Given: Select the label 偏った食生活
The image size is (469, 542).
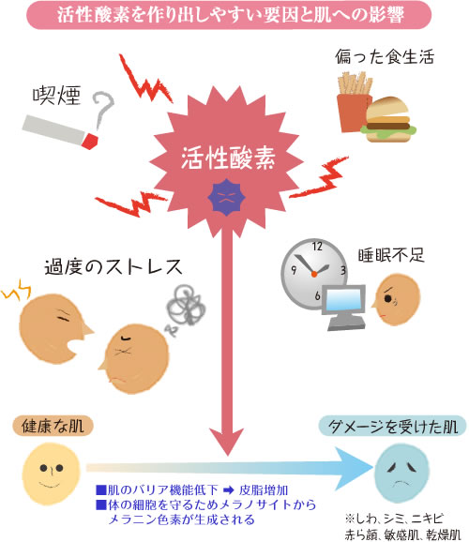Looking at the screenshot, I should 385,59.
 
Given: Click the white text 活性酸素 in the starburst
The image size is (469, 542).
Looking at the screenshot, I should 221,157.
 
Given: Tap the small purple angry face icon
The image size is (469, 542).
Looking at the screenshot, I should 223,195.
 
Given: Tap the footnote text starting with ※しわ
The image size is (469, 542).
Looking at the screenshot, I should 399,514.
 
